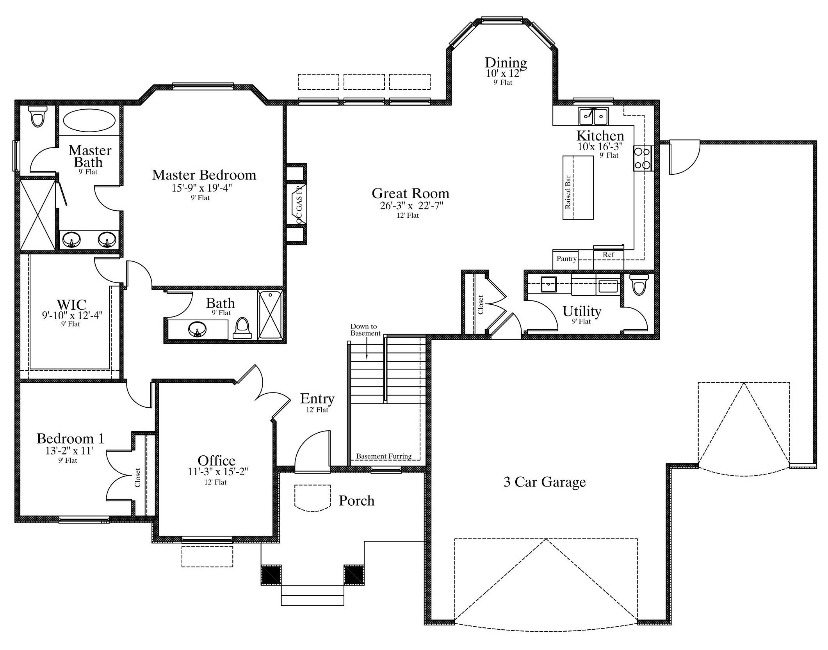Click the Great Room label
tap(410, 194)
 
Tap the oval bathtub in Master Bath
tap(89, 120)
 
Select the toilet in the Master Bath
tap(38, 116)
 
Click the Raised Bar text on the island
tap(568, 192)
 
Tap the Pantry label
tap(566, 259)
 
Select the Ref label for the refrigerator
tap(608, 255)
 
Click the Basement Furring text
tap(384, 456)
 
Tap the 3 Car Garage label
tap(545, 482)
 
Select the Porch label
tap(356, 501)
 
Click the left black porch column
tap(271, 575)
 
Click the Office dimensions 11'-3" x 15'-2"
tap(218, 472)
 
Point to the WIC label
tap(71, 304)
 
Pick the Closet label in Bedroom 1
tap(137, 478)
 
